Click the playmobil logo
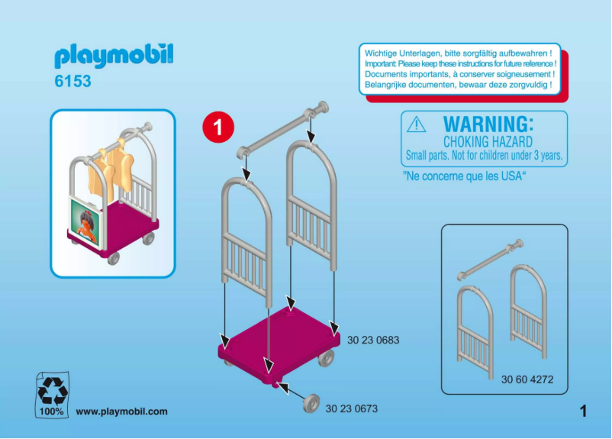(114, 56)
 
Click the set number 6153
(72, 81)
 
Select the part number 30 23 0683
(373, 340)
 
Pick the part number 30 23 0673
(351, 409)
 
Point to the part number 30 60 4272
(527, 379)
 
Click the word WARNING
(488, 124)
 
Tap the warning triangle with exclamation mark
(417, 124)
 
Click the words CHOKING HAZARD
(488, 142)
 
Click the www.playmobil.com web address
(121, 412)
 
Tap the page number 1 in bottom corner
(584, 412)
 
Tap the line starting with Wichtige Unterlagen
(458, 53)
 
